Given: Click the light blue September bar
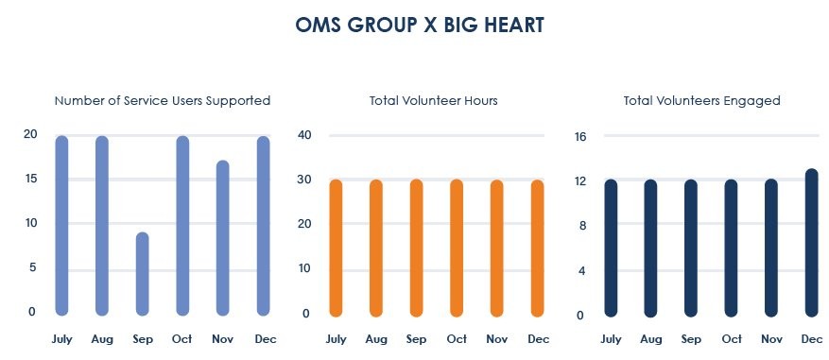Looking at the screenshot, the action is click(142, 274).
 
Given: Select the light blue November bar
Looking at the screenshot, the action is click(223, 238).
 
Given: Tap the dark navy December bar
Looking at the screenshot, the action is click(812, 243).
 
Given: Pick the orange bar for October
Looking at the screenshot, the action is click(457, 248).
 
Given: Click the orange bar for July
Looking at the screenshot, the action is click(336, 248).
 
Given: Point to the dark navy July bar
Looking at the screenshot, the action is click(611, 248).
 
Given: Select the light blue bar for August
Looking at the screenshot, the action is click(102, 226).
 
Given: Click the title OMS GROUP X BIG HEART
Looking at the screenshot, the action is click(420, 25).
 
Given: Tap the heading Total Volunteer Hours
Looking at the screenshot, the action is click(434, 100).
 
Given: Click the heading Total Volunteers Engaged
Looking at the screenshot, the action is click(701, 100).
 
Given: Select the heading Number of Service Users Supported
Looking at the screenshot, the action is click(163, 100).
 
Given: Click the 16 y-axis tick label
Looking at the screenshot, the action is click(580, 137).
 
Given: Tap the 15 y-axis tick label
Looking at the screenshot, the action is click(30, 179).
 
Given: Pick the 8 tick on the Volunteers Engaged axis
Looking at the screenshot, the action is click(582, 226).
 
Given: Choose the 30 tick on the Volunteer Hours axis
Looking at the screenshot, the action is click(303, 180).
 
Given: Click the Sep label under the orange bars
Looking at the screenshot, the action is click(416, 339).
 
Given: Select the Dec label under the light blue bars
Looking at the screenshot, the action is click(266, 339).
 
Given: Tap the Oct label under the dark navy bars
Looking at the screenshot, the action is click(732, 339).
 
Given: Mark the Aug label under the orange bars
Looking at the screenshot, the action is click(376, 339).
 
